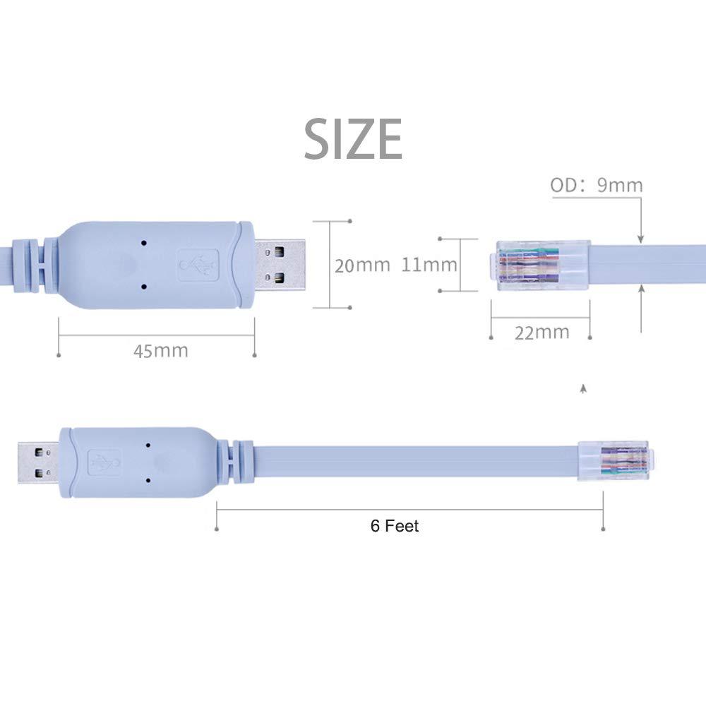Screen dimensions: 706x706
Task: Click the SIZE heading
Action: [x=353, y=139]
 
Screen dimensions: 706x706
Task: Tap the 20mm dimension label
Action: [x=361, y=265]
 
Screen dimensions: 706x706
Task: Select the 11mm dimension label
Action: [x=429, y=265]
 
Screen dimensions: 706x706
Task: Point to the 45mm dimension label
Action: [x=161, y=350]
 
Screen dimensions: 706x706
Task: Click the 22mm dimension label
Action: [x=542, y=333]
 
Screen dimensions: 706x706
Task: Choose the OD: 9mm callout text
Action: [x=597, y=186]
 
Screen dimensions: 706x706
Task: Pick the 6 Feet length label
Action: [x=395, y=526]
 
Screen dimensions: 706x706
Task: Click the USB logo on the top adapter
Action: [x=197, y=265]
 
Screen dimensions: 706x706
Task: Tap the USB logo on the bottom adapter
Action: [x=104, y=463]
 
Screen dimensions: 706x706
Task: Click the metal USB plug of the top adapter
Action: [x=281, y=265]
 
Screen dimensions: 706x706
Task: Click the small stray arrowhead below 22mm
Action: [x=582, y=388]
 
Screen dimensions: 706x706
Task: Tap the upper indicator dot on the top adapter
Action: [x=144, y=242]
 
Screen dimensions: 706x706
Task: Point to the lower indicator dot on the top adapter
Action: [x=144, y=287]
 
